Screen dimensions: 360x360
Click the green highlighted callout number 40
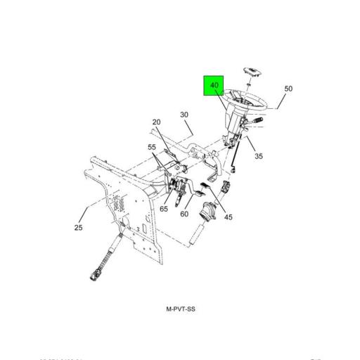pyautogui.click(x=214, y=86)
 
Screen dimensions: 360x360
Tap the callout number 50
pyautogui.click(x=288, y=89)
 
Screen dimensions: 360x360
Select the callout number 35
pyautogui.click(x=259, y=156)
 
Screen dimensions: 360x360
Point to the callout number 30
pyautogui.click(x=184, y=115)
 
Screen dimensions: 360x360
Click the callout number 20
pyautogui.click(x=156, y=122)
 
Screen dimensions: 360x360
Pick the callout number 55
pyautogui.click(x=152, y=147)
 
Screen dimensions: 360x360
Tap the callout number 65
pyautogui.click(x=164, y=209)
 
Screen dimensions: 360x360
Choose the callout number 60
pyautogui.click(x=184, y=214)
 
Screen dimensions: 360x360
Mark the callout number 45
pyautogui.click(x=228, y=217)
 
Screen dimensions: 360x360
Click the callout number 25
pyautogui.click(x=78, y=228)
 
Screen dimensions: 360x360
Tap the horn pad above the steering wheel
pyautogui.click(x=252, y=72)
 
